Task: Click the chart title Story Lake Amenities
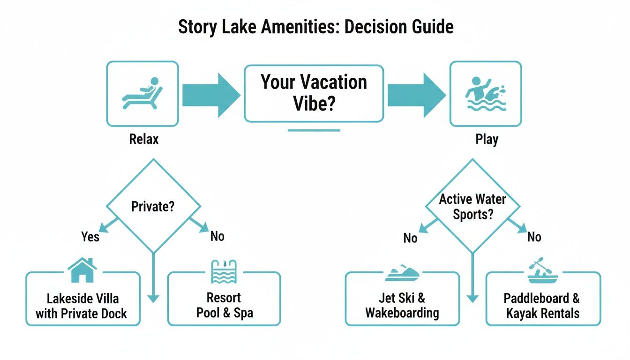tap(315, 27)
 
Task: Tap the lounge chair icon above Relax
tap(142, 93)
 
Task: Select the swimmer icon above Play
tap(485, 93)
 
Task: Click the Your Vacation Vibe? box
tap(314, 93)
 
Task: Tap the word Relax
tap(143, 139)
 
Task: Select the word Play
tap(487, 139)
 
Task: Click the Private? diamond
tap(153, 206)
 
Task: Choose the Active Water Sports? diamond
tap(472, 206)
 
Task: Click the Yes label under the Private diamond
tap(90, 236)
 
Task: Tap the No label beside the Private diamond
tap(217, 236)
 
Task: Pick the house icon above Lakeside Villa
tap(82, 270)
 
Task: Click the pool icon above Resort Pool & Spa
tap(223, 271)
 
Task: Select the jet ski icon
tap(402, 273)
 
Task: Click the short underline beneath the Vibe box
tap(314, 130)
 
